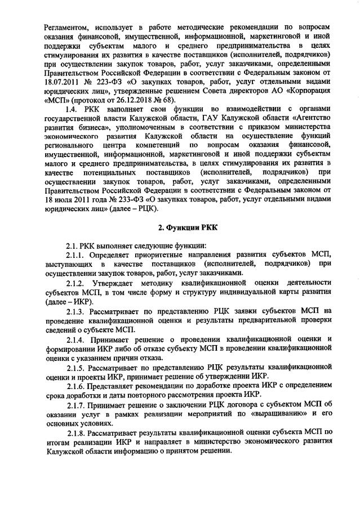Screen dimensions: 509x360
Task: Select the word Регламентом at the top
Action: [65, 26]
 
